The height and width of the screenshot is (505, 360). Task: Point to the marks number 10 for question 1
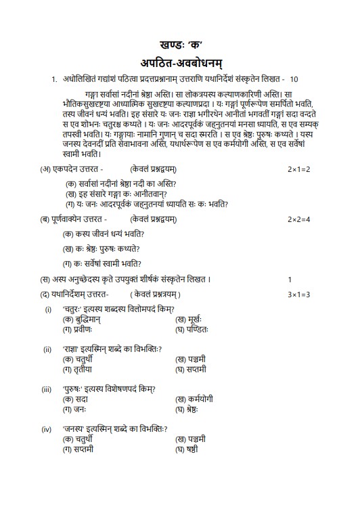tap(294, 80)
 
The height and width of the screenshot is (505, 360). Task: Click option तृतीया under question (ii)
tap(78, 370)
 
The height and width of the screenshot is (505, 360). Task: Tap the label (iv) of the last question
tap(47, 429)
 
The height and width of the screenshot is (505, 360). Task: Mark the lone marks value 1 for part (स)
tap(290, 280)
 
